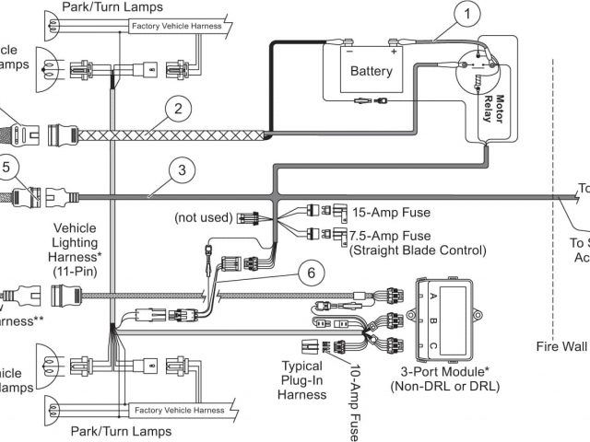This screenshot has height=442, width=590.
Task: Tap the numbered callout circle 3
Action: [183, 170]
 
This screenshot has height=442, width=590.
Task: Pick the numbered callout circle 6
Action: [312, 273]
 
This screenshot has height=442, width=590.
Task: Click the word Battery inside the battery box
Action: [371, 71]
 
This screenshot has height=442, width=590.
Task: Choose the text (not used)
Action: [203, 218]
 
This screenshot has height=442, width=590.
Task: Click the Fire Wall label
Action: [561, 347]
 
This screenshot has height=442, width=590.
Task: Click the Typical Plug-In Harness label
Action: [302, 379]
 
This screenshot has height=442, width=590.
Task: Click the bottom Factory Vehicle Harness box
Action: [178, 410]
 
